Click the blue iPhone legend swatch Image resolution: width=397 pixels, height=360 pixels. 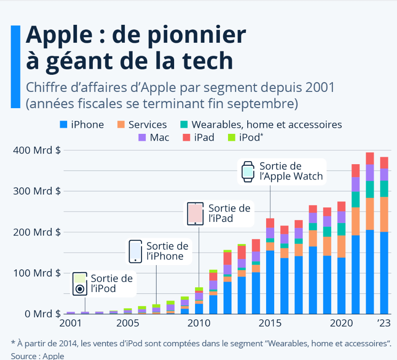[x=63, y=125]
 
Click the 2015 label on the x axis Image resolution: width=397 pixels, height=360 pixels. [x=270, y=323]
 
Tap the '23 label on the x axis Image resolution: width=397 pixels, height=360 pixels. [x=384, y=323]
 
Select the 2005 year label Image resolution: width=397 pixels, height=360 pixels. [x=127, y=323]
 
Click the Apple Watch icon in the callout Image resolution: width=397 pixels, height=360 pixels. [x=248, y=172]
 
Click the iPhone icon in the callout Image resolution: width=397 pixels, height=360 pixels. [x=135, y=251]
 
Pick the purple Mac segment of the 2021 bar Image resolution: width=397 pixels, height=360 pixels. [x=356, y=184]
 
